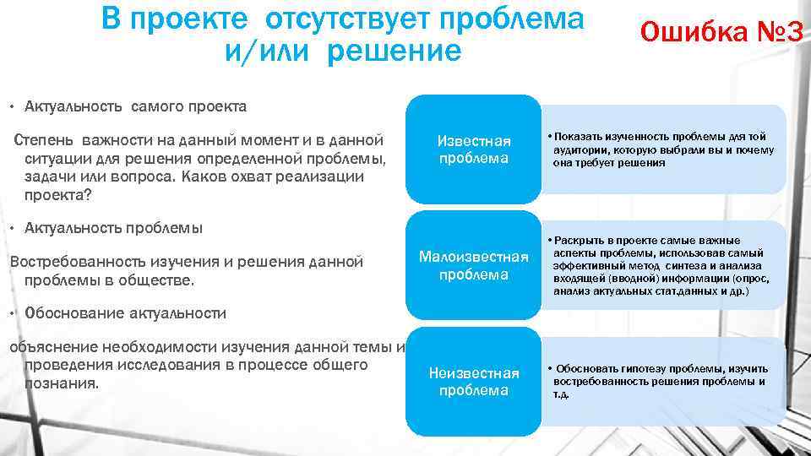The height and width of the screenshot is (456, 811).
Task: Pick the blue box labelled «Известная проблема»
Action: point(473,149)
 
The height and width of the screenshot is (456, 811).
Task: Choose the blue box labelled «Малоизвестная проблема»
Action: point(473,265)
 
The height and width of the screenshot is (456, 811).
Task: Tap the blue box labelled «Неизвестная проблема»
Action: point(473,381)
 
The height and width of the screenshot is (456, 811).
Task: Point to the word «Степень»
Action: point(47,139)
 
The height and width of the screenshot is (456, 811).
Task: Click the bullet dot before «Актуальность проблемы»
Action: point(11,229)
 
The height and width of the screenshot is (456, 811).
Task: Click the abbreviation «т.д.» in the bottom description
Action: point(561,394)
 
